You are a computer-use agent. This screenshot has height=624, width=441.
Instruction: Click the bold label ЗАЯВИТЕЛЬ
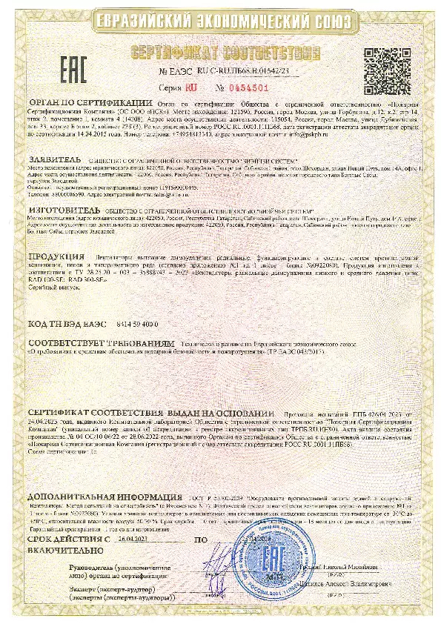(55, 159)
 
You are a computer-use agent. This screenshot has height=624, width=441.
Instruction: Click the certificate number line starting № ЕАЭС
(225, 71)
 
